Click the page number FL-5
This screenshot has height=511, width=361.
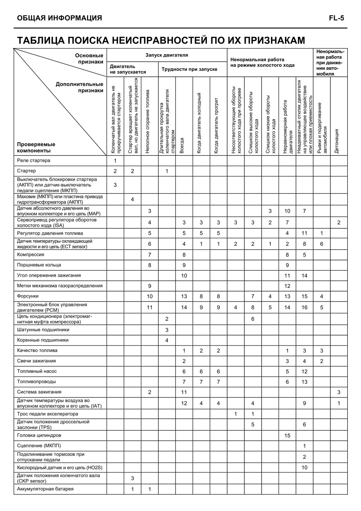coord(337,18)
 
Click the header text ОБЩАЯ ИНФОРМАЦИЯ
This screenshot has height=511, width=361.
coord(59,18)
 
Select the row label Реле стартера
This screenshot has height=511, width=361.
coord(33,161)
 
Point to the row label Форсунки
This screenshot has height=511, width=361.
coord(28,296)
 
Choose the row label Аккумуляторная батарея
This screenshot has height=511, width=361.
coord(45,489)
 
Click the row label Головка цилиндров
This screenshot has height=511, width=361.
coord(39,435)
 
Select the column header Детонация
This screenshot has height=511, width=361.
coord(337,141)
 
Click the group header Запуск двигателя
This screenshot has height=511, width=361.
coord(167,55)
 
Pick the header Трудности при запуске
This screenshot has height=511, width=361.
coord(190,69)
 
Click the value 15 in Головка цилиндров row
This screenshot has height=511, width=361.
coord(287,436)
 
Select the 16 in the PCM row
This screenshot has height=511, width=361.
coord(304,307)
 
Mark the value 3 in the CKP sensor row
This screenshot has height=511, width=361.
coord(132,479)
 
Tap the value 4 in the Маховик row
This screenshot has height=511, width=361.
coord(132,199)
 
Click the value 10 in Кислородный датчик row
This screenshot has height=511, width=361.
coord(304,468)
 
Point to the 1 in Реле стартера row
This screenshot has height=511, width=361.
coord(115,161)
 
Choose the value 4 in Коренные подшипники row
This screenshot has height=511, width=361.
coord(167,341)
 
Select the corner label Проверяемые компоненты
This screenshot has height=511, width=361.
coord(36,148)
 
